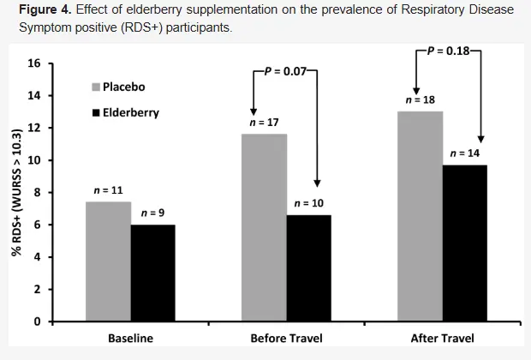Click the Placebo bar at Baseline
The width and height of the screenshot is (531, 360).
pos(108,261)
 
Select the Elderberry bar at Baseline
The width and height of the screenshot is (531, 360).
pos(153,273)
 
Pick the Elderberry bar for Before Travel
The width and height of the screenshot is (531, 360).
pos(308,268)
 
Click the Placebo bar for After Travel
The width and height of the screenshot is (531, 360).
pos(420,216)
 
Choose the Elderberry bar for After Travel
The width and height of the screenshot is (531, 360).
pos(465,243)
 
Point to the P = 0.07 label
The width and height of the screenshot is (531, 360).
pos(285,70)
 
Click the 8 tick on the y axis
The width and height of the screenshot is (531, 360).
pos(38,193)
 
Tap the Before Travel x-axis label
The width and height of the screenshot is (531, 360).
pos(286,339)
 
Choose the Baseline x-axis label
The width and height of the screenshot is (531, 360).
pos(130,339)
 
